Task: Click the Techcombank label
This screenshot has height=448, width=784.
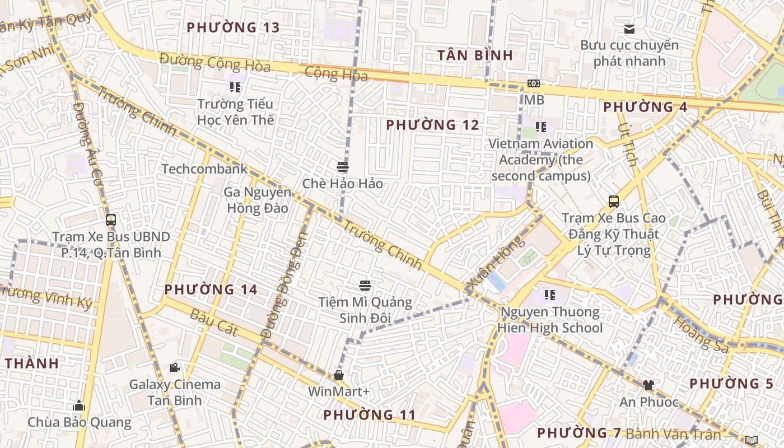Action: [x=204, y=169]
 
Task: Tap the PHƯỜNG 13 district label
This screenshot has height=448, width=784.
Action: [x=233, y=27]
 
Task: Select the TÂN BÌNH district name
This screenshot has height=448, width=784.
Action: [x=475, y=55]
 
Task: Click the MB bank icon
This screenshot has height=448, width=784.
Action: [x=534, y=83]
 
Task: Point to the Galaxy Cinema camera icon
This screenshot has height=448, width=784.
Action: [x=175, y=367]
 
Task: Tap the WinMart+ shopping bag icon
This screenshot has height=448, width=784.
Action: [x=338, y=375]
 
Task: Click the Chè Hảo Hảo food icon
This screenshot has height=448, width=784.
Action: [x=343, y=167]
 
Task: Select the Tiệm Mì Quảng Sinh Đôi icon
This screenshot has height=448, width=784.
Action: [x=365, y=286]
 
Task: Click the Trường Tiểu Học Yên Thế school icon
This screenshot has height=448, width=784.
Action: [x=235, y=87]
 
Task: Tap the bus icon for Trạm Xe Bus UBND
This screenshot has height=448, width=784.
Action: [x=111, y=220]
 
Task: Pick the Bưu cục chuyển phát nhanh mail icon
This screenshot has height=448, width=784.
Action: [x=629, y=29]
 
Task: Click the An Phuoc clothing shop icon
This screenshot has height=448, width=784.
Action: [x=648, y=385]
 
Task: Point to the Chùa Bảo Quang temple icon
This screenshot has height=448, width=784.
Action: [x=79, y=405]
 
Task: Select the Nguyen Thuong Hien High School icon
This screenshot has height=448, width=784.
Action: [x=550, y=295]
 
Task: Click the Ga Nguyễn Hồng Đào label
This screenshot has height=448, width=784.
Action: [x=257, y=200]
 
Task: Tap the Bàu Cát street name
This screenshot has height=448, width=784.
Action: [x=214, y=323]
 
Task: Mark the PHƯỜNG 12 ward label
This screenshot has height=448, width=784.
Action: [x=432, y=125]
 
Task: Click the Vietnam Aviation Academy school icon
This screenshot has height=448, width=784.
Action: [x=540, y=127]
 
